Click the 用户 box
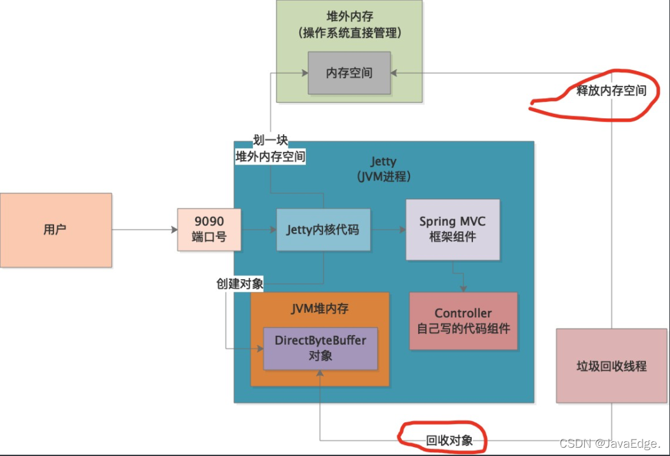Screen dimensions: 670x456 [56, 230]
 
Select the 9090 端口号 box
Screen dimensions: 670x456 [209, 230]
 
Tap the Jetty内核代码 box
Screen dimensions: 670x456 [323, 230]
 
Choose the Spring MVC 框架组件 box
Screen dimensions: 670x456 [453, 230]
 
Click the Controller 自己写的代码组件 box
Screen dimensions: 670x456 [463, 321]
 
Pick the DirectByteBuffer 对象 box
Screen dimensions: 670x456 [320, 349]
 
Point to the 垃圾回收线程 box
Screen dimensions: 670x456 [612, 366]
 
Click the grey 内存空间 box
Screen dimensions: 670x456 [349, 73]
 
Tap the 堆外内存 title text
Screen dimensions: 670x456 [350, 17]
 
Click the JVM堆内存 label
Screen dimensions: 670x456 [320, 308]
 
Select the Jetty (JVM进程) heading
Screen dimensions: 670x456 [384, 169]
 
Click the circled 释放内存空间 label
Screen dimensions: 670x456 [611, 90]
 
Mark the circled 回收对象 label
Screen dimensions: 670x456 [449, 441]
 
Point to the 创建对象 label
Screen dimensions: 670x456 [240, 284]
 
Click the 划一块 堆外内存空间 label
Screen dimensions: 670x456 [270, 148]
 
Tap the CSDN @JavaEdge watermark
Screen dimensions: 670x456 [610, 444]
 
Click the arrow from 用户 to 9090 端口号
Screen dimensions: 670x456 [145, 230]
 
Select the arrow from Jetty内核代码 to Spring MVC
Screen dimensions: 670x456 [388, 230]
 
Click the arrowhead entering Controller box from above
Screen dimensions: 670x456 [463, 289]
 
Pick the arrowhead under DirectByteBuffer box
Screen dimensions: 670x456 [320, 373]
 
